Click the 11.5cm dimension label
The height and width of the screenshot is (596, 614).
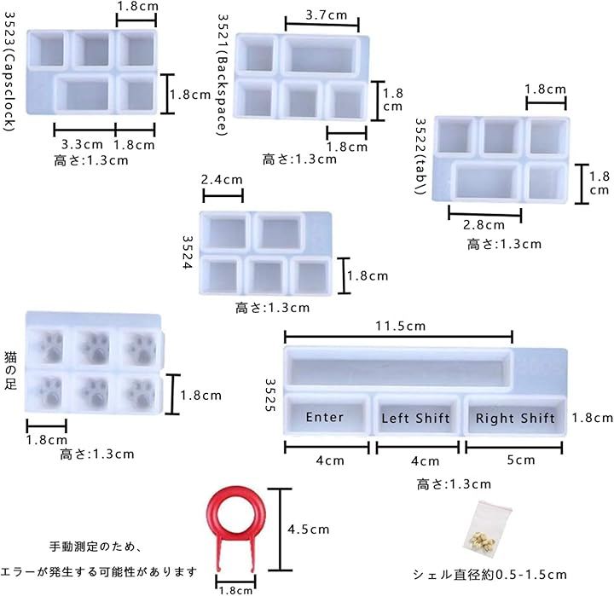coord(400,326)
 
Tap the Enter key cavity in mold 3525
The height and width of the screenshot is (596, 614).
coord(327,415)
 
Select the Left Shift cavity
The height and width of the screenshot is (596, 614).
coord(416,416)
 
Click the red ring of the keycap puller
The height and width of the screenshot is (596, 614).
coord(236,491)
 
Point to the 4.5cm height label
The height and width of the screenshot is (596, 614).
coord(308,529)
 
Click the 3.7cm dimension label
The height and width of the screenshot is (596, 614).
coord(326,15)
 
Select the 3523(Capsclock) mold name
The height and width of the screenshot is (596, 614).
coord(10,72)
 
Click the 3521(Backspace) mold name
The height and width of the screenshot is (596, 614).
coord(223,75)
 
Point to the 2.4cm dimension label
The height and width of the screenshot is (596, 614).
coord(222,180)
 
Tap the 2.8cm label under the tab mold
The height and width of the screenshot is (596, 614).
coord(484,225)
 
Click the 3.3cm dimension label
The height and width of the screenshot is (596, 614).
coord(82,144)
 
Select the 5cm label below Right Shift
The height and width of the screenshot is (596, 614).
coord(521,460)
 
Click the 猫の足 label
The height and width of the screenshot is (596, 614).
coord(10,370)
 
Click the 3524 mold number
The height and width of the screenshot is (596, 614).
coord(188,252)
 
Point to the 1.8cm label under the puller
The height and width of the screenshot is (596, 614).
coord(235,591)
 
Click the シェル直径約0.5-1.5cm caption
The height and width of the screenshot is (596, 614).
coord(489,575)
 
